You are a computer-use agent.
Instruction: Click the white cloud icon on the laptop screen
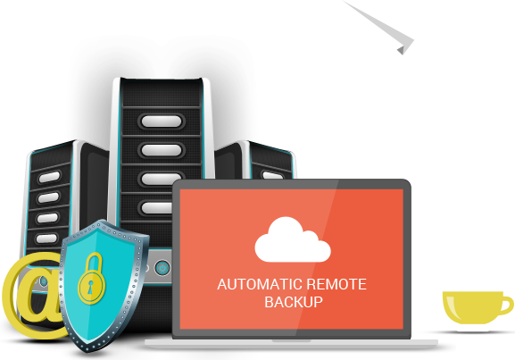[x=293, y=239]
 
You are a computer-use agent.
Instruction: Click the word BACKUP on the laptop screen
[x=294, y=302]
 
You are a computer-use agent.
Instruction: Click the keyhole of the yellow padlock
[x=90, y=287]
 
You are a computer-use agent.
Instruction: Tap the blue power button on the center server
[x=162, y=268]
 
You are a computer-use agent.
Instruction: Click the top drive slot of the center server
[x=162, y=121]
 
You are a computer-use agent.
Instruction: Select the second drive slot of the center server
[x=162, y=150]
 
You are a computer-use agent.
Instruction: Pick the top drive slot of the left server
[x=49, y=177]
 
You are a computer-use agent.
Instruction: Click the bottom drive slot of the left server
[x=46, y=239]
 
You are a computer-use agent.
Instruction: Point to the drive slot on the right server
[x=272, y=175]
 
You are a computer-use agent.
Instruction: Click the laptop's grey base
[x=291, y=343]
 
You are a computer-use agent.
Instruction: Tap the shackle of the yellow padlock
[x=95, y=262]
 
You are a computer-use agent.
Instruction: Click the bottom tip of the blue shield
[x=88, y=352]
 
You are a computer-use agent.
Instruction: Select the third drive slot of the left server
[x=47, y=218]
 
